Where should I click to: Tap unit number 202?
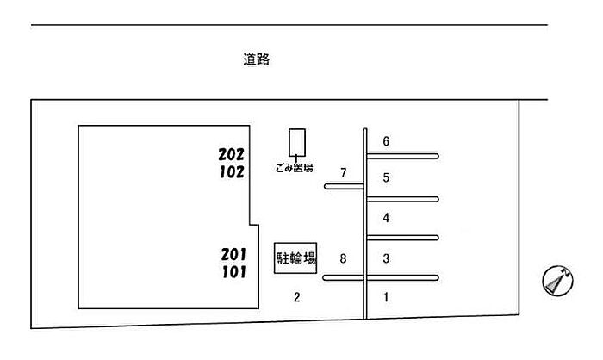coord(232,155)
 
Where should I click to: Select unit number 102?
coord(232,171)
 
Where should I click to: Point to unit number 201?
coord(233,254)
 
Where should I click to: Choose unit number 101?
coord(233,272)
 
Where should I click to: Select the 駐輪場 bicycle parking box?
coord(295,258)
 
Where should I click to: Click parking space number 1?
coord(387,298)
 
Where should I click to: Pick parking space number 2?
coord(296,298)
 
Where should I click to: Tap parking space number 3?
coord(387,258)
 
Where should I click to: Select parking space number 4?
coord(387,218)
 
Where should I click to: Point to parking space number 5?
coord(387,178)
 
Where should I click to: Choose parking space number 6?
coord(387,141)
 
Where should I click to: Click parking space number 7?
coord(343,173)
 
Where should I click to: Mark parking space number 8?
coord(343,258)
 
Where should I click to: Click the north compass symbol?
coord(558,282)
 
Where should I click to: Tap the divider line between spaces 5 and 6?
coord(403,156)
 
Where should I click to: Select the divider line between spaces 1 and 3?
coord(403,277)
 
